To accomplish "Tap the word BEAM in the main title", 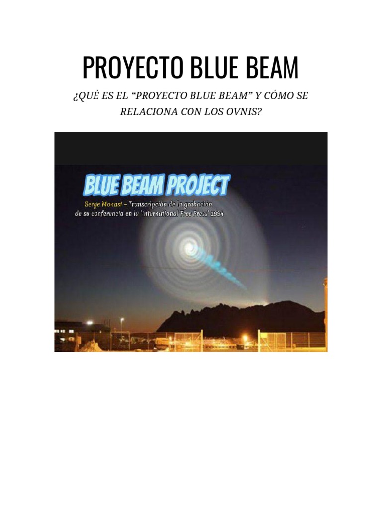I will pos(273,68).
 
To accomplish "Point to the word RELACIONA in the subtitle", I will pos(148,111).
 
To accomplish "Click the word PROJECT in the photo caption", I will pos(197,186).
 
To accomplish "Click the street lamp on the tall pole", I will pos(122,320).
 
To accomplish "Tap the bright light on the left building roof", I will pos(90,323).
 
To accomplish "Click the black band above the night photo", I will pos(191,148).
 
